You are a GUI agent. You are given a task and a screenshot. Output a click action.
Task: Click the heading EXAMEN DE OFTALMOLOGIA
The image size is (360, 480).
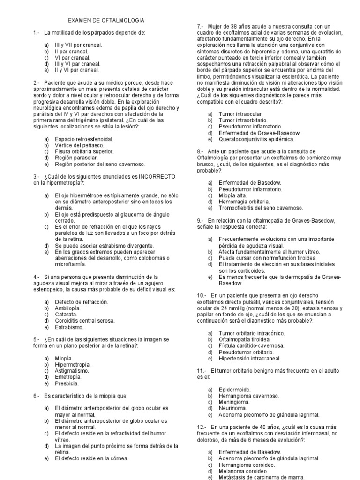pyautogui.click(x=106, y=21)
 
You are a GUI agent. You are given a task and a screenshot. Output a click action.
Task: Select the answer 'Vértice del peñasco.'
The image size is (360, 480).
pyautogui.click(x=80, y=146)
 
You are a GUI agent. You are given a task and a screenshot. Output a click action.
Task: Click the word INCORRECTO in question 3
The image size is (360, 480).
pyautogui.click(x=156, y=176)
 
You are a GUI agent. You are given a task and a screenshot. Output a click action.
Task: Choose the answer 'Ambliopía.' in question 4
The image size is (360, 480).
pyautogui.click(x=67, y=308)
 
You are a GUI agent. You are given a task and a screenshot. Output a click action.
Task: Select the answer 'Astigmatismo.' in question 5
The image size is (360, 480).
pyautogui.click(x=72, y=370)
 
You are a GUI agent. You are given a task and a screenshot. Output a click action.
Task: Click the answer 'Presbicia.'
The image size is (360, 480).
pyautogui.click(x=67, y=383)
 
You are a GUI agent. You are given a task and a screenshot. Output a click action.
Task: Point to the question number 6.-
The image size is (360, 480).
pyautogui.click(x=37, y=396)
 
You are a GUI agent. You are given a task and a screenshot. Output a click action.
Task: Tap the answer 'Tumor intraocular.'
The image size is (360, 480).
pyautogui.click(x=240, y=114)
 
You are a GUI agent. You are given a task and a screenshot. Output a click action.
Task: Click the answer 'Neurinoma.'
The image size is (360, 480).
pyautogui.click(x=233, y=408)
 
